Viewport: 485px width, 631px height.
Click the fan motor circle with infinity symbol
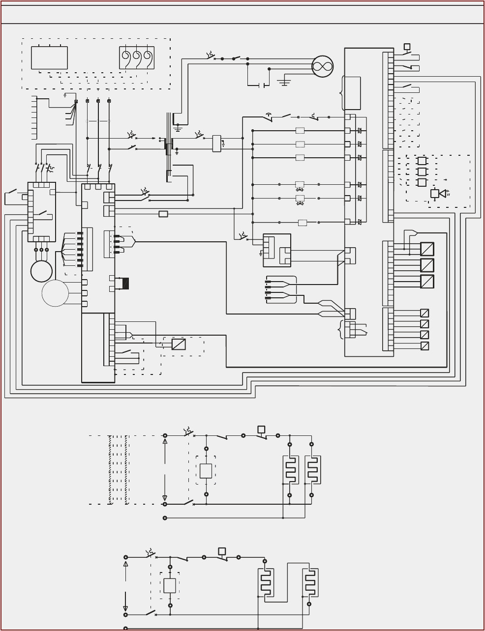point(322,66)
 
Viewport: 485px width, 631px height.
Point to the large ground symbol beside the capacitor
point(284,83)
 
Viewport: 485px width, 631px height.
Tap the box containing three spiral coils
point(137,58)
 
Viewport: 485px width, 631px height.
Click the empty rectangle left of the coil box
point(49,58)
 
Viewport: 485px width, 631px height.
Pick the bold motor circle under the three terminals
point(41,271)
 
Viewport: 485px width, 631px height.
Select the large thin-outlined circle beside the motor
point(55,293)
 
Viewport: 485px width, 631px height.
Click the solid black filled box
point(125,284)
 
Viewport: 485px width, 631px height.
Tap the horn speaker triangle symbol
point(443,194)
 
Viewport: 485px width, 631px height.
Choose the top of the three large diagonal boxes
point(427,249)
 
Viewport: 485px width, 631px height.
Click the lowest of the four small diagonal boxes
point(424,346)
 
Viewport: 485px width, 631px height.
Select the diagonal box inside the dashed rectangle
point(179,344)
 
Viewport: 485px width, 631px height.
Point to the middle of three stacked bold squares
point(422,172)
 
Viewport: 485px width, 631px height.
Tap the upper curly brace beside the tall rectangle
point(341,93)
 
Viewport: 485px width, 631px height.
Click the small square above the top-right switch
point(407,47)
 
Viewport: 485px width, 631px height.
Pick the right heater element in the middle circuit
point(312,470)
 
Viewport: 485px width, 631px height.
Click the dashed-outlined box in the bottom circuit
point(170,586)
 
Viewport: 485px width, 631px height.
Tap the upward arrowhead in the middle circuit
point(165,441)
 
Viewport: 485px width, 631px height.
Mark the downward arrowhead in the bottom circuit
point(125,608)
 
